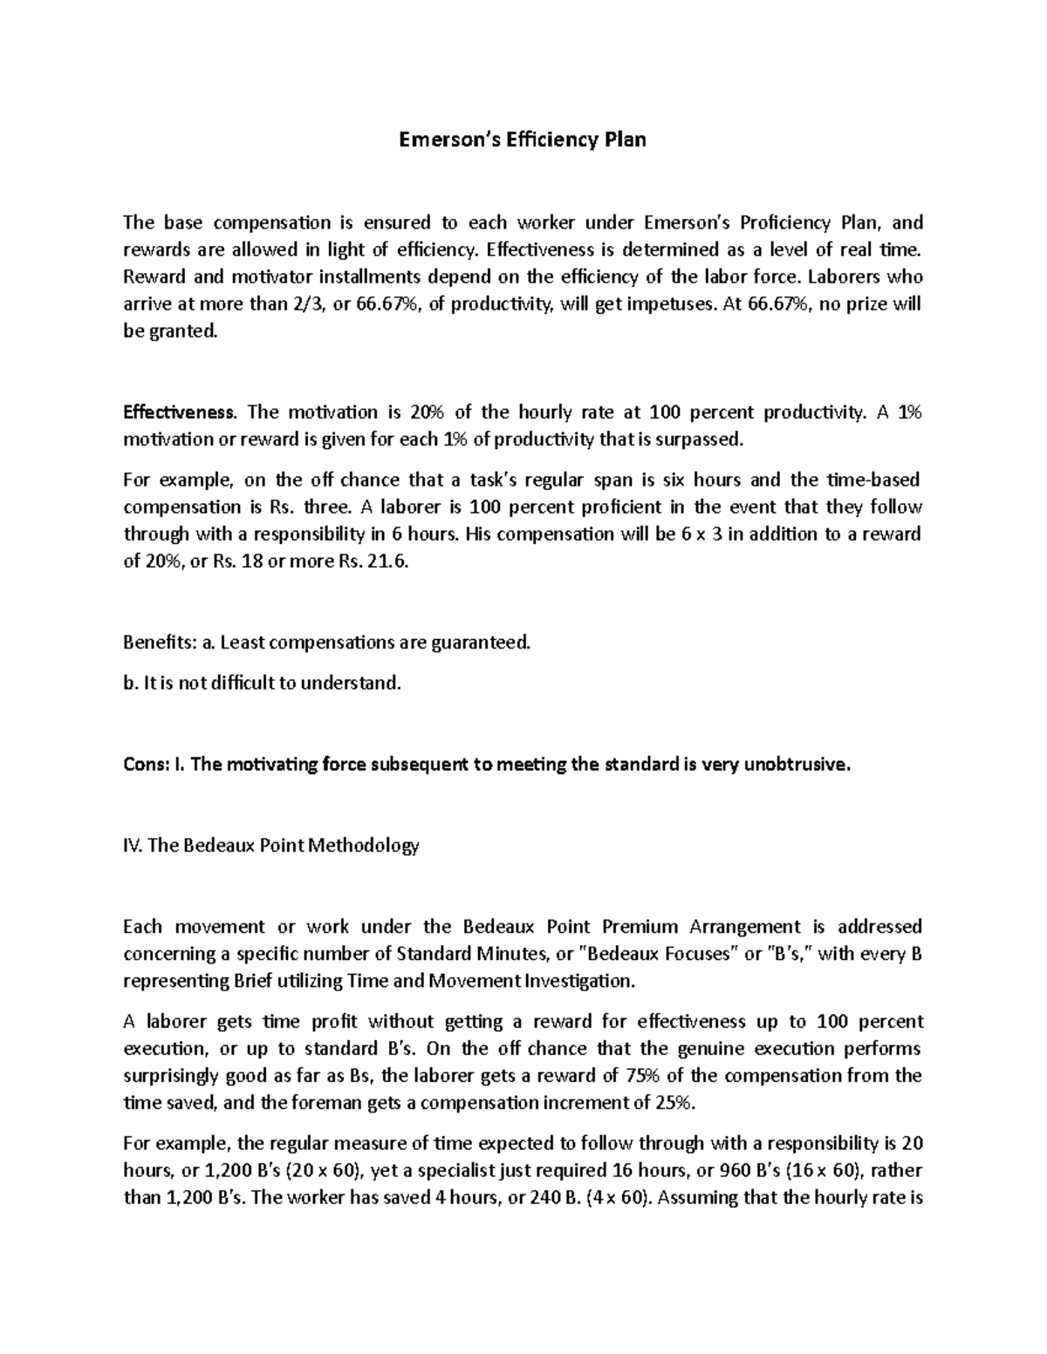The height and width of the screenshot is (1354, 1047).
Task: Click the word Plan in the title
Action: click(621, 139)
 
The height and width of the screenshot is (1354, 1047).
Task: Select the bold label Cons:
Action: click(145, 765)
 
